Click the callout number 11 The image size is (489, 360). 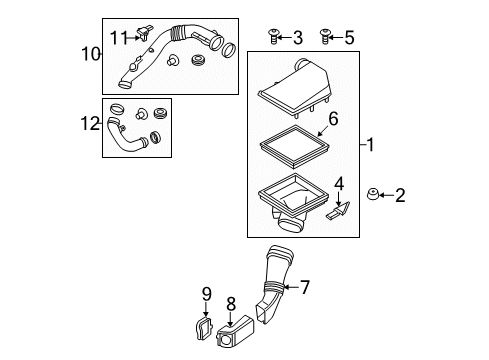click(119, 38)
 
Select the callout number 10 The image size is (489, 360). click(91, 54)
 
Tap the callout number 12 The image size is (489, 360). click(90, 124)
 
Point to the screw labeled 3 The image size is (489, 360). click(273, 37)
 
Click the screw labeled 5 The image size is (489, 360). click(324, 37)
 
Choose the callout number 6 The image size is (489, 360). click(333, 119)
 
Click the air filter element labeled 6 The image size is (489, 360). click(295, 147)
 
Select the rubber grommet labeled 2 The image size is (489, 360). click(373, 194)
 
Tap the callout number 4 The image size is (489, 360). click(339, 184)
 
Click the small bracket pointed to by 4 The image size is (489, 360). click(338, 211)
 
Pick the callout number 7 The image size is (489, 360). click(305, 287)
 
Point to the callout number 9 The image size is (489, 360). click(207, 294)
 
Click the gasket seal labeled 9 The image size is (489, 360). click(203, 329)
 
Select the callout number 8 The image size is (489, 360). click(231, 304)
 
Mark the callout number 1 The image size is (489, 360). click(370, 145)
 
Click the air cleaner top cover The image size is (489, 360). click(296, 88)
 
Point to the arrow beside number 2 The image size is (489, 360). click(386, 195)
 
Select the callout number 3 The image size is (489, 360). click(298, 38)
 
